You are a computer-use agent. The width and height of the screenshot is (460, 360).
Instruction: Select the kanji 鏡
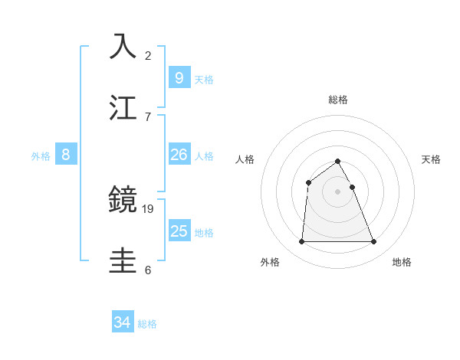(x=123, y=200)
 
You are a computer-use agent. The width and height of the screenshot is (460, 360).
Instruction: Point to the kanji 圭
(x=123, y=260)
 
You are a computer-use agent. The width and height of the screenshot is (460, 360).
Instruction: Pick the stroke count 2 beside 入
(x=148, y=55)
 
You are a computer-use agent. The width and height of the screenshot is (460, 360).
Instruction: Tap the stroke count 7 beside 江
(x=148, y=116)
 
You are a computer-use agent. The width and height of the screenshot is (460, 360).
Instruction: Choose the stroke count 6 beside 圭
(x=148, y=270)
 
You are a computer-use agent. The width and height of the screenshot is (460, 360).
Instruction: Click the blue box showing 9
(x=179, y=77)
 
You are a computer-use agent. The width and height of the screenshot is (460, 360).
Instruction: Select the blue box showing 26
(x=179, y=155)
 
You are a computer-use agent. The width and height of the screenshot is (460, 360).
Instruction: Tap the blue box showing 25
(x=179, y=231)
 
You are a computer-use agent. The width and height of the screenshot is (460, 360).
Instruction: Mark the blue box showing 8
(x=66, y=155)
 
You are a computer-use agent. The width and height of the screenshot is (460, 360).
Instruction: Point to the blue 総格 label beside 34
(x=147, y=324)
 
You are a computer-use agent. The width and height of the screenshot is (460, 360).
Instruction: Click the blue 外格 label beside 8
(x=41, y=156)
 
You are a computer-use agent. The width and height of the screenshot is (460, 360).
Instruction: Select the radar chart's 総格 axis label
(x=338, y=100)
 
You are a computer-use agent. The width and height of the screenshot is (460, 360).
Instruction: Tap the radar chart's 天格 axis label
(x=431, y=159)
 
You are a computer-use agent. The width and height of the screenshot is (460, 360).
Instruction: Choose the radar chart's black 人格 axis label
(x=245, y=159)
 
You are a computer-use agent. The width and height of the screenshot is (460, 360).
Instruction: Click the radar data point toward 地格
(x=374, y=242)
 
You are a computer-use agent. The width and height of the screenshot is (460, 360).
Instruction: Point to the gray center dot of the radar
(x=337, y=191)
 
